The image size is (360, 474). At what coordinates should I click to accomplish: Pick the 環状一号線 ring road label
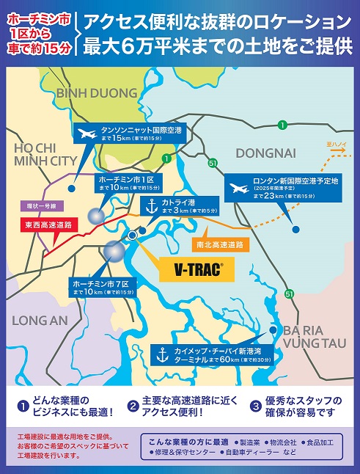pos(42,206)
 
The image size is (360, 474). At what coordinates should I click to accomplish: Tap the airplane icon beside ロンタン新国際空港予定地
pos(238,188)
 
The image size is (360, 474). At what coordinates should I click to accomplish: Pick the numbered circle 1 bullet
pos(23,406)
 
